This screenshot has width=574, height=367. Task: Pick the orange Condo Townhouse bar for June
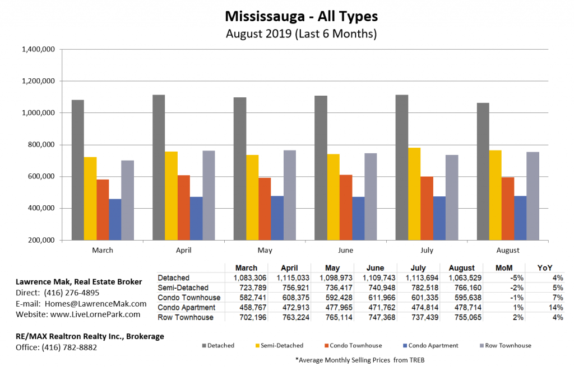click(x=346, y=208)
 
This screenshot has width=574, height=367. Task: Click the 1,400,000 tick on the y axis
click(x=38, y=49)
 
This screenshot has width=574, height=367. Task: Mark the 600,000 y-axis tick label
click(x=40, y=177)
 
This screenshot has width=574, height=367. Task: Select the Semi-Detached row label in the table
click(x=182, y=288)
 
